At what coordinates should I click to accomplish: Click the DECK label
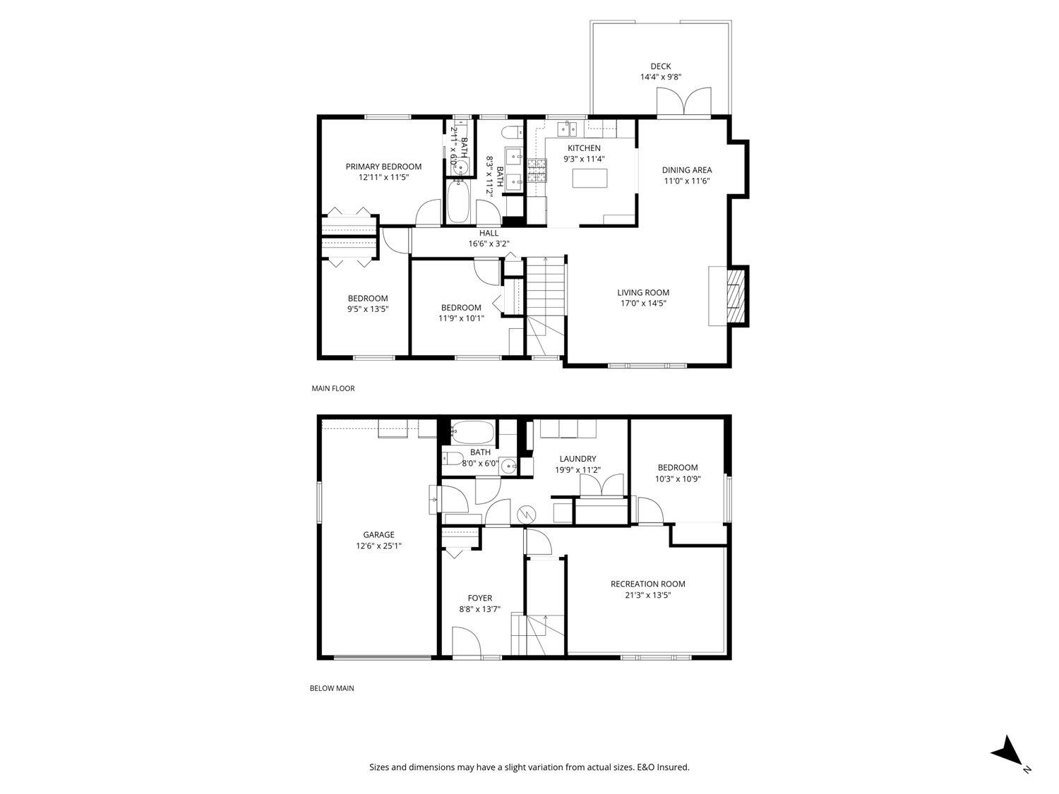coord(660,66)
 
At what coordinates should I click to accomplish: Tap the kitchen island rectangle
coord(590,179)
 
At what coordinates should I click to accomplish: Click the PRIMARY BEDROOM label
coord(383,167)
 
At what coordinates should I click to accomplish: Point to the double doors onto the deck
coord(683,102)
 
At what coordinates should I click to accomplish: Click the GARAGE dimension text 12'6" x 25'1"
coord(378,546)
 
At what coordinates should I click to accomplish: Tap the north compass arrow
coord(1005,750)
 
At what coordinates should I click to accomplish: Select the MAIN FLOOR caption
coord(333,388)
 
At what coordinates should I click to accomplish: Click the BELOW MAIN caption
coord(332,688)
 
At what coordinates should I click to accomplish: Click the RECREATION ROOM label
coord(647,584)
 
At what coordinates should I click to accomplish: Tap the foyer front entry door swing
coord(466,642)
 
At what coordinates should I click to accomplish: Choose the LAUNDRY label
coord(578,459)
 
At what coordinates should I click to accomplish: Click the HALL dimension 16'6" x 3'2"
coord(489,243)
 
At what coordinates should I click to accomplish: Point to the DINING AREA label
coord(686,169)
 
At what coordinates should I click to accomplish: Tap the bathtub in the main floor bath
coord(460,202)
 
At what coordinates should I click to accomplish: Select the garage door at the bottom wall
coord(382,658)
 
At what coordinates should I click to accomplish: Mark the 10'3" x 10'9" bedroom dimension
coord(677,478)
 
